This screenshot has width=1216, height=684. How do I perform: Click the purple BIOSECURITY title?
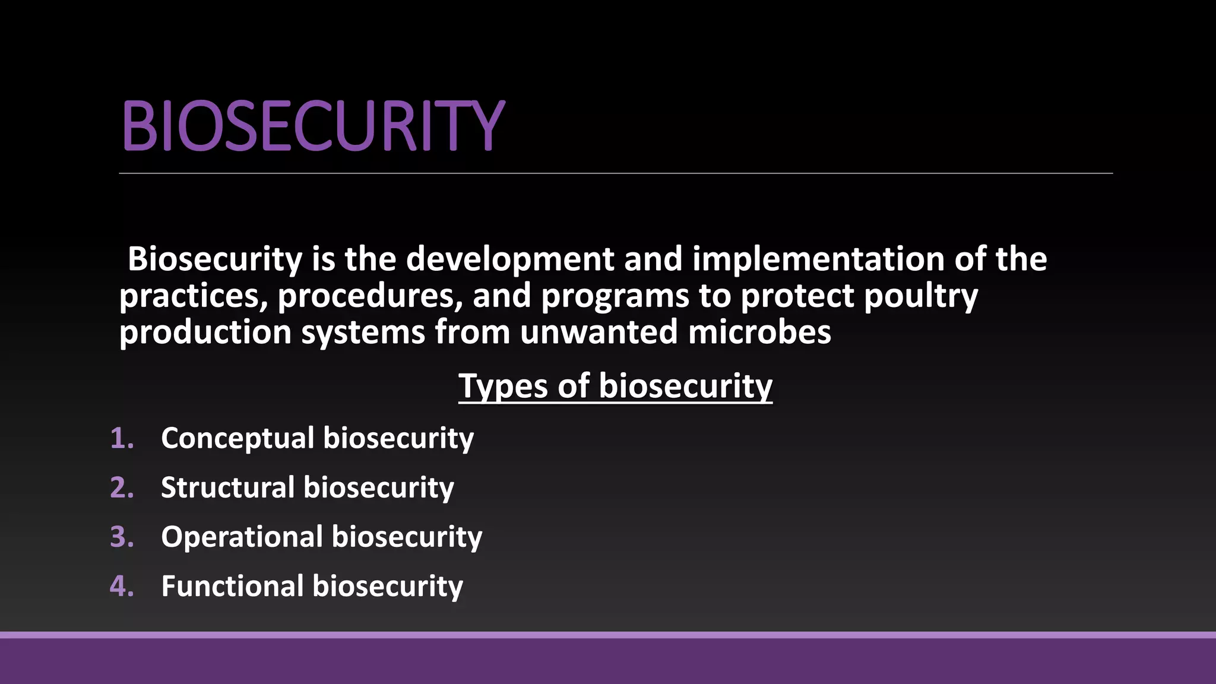pyautogui.click(x=313, y=126)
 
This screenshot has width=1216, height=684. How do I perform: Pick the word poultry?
pyautogui.click(x=920, y=296)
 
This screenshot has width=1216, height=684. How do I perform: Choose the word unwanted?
pyautogui.click(x=598, y=332)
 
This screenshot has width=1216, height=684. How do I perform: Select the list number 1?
pyautogui.click(x=122, y=438)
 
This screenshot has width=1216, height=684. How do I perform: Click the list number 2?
pyautogui.click(x=122, y=487)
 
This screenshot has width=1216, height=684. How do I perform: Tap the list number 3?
pyautogui.click(x=122, y=537)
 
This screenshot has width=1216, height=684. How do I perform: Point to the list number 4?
pyautogui.click(x=122, y=586)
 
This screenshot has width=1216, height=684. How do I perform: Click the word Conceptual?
pyautogui.click(x=237, y=438)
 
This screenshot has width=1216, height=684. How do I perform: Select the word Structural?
pyautogui.click(x=227, y=487)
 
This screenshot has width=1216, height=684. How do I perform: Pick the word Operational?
pyautogui.click(x=242, y=537)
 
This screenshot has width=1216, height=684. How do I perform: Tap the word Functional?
pyautogui.click(x=232, y=586)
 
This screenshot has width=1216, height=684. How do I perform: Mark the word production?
pyautogui.click(x=205, y=332)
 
